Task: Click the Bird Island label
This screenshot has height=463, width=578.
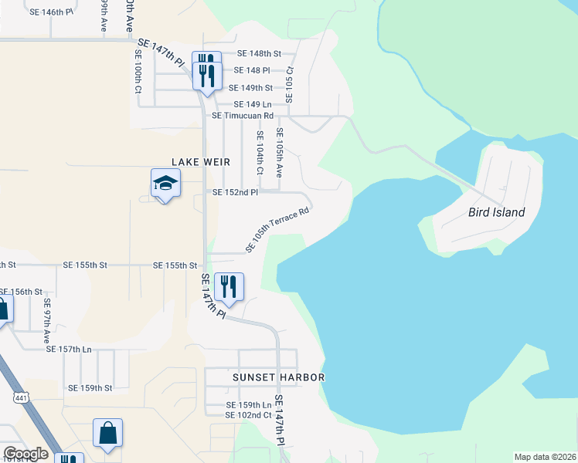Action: (x=497, y=212)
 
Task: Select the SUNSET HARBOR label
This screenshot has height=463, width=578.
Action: (x=278, y=377)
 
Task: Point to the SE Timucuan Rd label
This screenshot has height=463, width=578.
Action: (x=243, y=116)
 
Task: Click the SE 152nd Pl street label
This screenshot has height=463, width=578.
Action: (x=235, y=192)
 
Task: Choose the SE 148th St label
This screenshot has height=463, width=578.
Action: (x=259, y=54)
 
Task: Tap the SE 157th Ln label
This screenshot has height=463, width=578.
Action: (x=69, y=350)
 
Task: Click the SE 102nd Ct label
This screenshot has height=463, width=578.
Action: (x=248, y=415)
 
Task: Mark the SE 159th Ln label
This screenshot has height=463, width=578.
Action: (x=249, y=405)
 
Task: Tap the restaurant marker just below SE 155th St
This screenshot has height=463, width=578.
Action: (x=228, y=287)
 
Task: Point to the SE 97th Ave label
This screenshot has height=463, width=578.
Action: (x=47, y=316)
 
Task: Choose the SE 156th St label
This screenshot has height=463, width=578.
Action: (x=21, y=292)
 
